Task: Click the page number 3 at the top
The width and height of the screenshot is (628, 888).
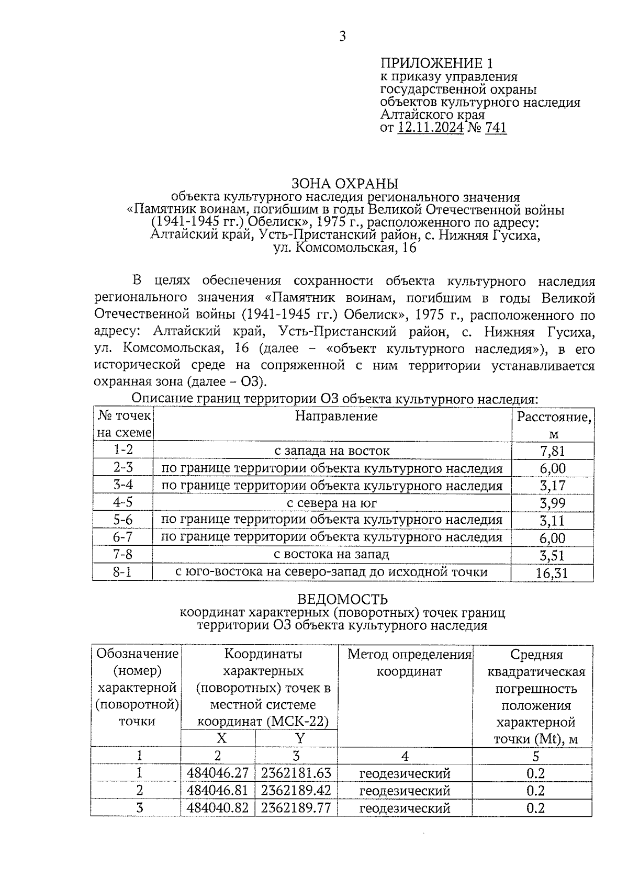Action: [x=342, y=36]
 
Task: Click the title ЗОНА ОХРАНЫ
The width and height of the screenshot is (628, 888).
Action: [x=345, y=184]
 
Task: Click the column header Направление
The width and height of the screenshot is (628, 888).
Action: [x=337, y=417]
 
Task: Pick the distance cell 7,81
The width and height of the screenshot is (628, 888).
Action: [x=553, y=451]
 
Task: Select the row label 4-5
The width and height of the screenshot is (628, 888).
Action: [x=123, y=502]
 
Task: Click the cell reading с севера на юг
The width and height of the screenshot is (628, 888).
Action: [x=332, y=503]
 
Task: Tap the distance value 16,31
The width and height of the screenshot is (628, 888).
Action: [x=552, y=573]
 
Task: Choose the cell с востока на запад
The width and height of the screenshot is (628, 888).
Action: [x=332, y=554]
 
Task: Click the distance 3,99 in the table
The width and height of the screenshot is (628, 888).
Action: [x=553, y=503]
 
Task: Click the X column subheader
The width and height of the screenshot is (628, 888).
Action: [x=221, y=738]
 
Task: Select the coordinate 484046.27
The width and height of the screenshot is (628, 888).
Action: [x=218, y=773]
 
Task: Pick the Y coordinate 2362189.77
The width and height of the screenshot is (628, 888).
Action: [x=296, y=808]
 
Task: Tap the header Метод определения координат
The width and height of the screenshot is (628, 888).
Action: [x=409, y=662]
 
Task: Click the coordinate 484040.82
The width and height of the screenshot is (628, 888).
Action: [x=218, y=808]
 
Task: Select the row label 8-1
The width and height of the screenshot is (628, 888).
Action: [x=122, y=572]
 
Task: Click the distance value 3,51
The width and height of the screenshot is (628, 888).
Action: [x=553, y=555]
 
